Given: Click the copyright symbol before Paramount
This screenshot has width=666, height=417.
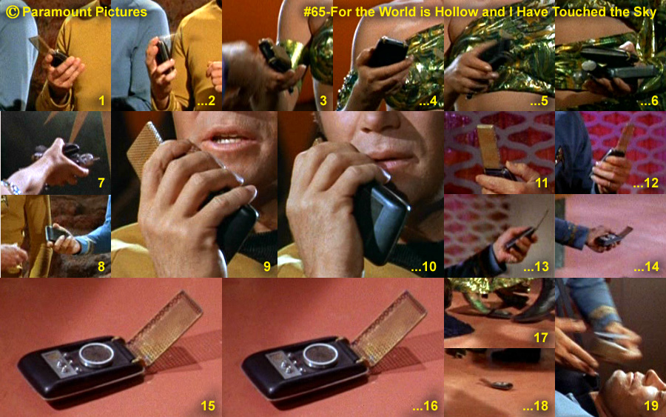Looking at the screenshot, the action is click(13, 12).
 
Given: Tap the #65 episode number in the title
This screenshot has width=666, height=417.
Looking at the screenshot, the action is click(314, 12).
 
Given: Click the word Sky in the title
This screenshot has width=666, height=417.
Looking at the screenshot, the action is click(645, 13).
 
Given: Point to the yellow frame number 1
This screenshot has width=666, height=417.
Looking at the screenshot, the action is click(101, 101).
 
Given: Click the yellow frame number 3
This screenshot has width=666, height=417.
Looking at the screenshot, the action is click(323, 101).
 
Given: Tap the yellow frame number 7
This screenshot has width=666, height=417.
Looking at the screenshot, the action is click(101, 183).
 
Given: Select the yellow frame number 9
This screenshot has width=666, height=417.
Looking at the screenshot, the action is click(266, 267).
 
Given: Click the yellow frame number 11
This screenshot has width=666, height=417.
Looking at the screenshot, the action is click(542, 183).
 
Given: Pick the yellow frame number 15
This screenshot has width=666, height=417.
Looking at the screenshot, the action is click(208, 406).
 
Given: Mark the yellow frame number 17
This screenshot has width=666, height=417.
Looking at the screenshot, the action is click(541, 338).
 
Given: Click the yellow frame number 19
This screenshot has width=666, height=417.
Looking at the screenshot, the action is click(651, 406).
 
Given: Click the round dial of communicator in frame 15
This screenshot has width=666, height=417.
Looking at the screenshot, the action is click(96, 355).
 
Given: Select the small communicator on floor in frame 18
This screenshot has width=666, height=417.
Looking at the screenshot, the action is click(497, 384).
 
